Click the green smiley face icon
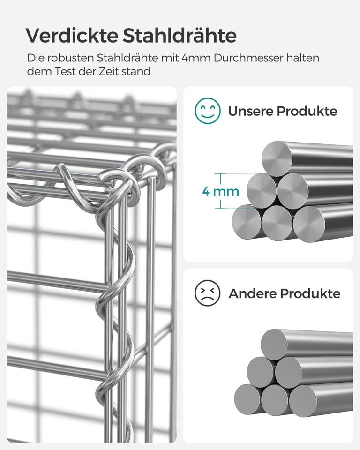[208, 111]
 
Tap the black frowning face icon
[208, 293]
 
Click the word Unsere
[250, 112]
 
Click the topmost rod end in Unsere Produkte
[277, 158]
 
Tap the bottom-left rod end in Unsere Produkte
[247, 222]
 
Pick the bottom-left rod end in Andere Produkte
[247, 399]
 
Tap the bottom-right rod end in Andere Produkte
[303, 400]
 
